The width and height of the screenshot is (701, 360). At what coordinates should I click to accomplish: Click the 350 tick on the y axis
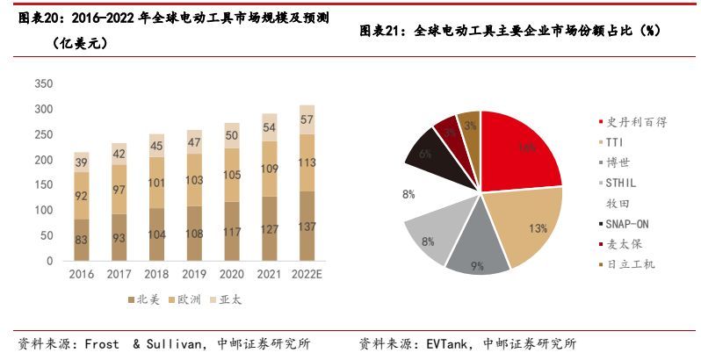coord(43,84)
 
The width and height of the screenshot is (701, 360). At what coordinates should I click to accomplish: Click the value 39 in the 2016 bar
coord(81,163)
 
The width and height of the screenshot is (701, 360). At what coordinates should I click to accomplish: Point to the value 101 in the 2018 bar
coord(156,184)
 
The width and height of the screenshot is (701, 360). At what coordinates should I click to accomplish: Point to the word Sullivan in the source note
coord(170,343)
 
